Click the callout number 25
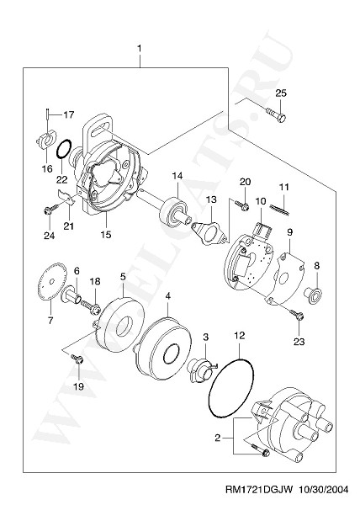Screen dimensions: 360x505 [x=281, y=93]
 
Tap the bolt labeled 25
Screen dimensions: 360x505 [x=276, y=114]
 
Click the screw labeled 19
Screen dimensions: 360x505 [x=77, y=359]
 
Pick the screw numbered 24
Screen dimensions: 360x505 [x=51, y=209]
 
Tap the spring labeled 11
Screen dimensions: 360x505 [x=279, y=209]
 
